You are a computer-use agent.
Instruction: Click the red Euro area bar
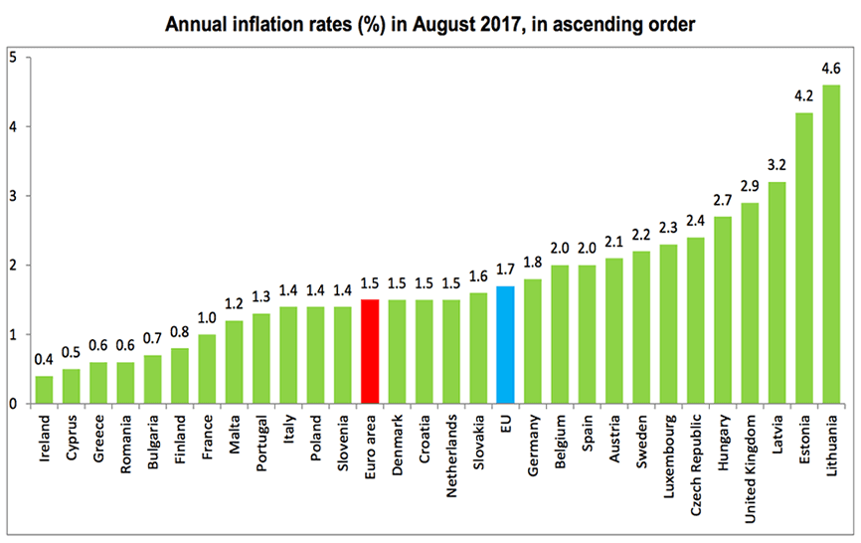click(369, 352)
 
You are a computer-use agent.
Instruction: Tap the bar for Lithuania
click(831, 245)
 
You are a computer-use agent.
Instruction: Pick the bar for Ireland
click(44, 390)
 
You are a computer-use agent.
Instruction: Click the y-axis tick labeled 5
click(11, 57)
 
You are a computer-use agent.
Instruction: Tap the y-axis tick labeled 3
click(11, 196)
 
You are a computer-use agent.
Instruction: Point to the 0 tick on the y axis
click(11, 404)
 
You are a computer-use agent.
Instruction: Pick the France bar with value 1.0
click(207, 369)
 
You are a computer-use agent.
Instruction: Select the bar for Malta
click(234, 362)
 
